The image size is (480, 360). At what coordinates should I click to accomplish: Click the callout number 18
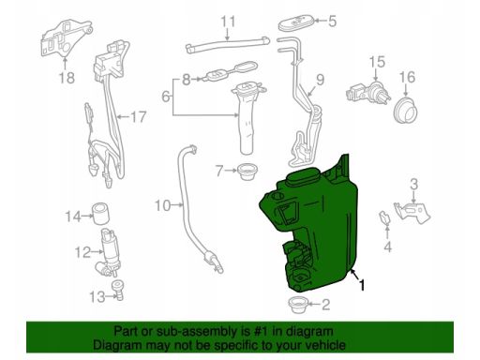tap(67, 78)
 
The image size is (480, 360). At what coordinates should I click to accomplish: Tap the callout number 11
tap(228, 22)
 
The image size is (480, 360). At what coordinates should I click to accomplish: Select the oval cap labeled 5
tap(295, 22)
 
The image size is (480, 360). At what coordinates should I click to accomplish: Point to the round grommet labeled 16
tap(405, 110)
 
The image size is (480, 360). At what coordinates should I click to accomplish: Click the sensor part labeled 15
tap(368, 92)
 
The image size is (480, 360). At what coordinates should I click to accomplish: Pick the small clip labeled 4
tap(384, 217)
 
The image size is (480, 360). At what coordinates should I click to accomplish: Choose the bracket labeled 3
tap(412, 212)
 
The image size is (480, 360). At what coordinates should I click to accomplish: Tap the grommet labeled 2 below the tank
tap(298, 305)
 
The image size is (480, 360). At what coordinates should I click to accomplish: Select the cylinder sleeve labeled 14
tap(100, 214)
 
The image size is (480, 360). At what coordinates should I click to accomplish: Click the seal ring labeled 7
tap(247, 172)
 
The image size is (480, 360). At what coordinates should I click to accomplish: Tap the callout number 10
tap(163, 205)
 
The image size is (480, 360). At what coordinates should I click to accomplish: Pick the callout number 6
tap(166, 97)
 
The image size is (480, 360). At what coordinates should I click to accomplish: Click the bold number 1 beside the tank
tap(362, 285)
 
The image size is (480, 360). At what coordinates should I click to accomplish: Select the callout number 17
tap(138, 117)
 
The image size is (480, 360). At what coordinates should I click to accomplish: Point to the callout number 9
tap(321, 80)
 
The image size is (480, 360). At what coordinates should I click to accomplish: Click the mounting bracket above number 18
tap(67, 38)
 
